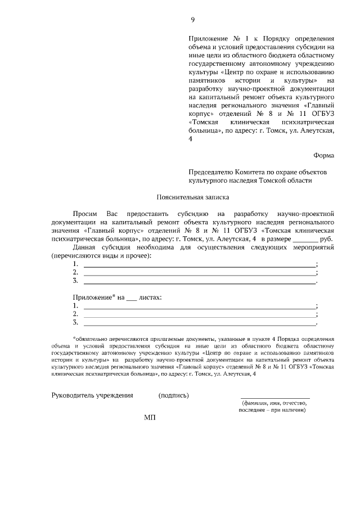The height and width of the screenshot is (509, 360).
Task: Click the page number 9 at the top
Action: [193, 20]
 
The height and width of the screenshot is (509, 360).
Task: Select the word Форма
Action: [323, 155]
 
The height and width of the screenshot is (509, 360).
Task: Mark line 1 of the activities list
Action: [200, 264]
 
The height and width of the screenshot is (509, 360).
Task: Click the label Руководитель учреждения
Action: [92, 395]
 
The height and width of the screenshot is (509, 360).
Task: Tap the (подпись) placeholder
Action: [174, 395]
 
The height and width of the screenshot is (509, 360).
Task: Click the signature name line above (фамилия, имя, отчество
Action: [275, 398]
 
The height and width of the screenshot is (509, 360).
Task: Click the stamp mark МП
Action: [149, 418]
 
